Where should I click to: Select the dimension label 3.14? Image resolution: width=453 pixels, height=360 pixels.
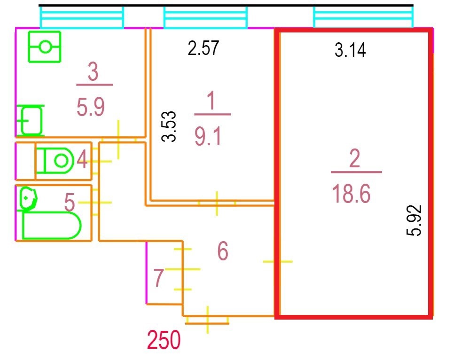350,49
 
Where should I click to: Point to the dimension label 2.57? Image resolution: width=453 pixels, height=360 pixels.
203,48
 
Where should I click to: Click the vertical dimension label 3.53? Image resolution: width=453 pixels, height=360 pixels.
169,126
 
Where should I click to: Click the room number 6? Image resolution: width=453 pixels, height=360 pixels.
223,251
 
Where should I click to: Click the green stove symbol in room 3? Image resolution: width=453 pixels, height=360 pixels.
45,47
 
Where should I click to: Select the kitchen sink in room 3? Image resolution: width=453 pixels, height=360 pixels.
31,120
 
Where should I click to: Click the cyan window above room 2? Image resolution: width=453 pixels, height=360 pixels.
363,18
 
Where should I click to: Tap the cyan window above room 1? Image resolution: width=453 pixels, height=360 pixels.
205,18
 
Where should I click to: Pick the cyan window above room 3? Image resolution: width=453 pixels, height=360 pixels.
82,18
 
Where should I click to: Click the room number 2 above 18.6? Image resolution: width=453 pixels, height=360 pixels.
355,160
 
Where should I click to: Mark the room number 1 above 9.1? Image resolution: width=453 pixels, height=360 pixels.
211,103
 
